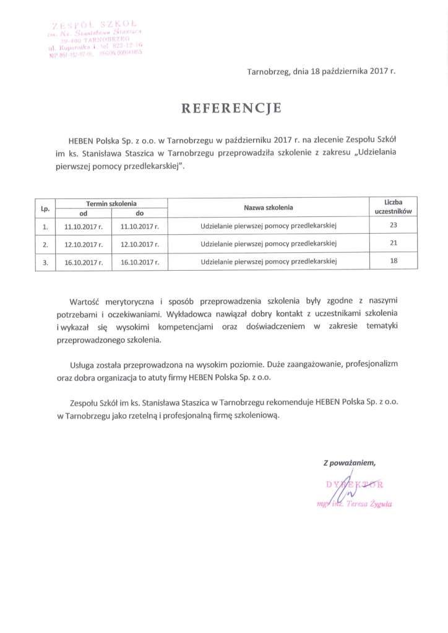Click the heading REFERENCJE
coord(231,109)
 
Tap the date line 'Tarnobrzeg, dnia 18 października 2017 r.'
coord(321,71)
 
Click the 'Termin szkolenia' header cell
coord(111,203)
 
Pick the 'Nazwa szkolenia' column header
coord(268,208)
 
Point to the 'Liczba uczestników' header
coord(394,207)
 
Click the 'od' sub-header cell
coord(83,213)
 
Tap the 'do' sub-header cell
coord(140,213)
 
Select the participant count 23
coord(394,226)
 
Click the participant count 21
coord(394,244)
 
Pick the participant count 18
coord(394,261)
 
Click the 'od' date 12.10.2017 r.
coord(83,244)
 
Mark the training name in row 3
coord(268,262)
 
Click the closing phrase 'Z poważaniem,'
coord(349,462)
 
